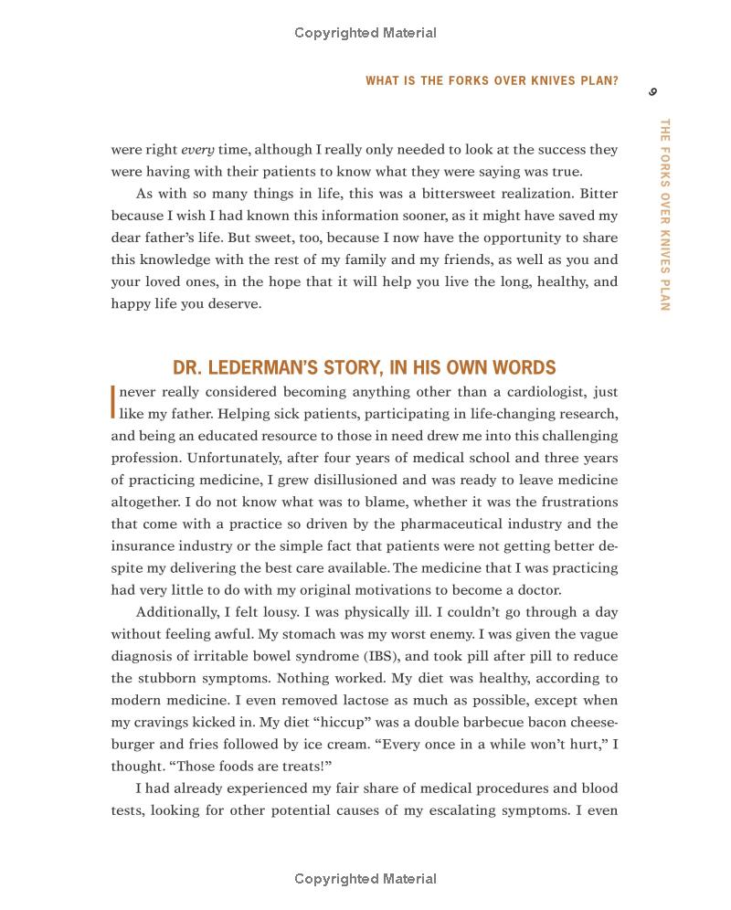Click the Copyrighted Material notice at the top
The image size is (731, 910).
pyautogui.click(x=365, y=33)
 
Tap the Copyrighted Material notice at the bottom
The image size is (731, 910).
pyautogui.click(x=365, y=879)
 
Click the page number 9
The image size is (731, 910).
pyautogui.click(x=652, y=91)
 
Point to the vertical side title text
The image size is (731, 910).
pyautogui.click(x=664, y=215)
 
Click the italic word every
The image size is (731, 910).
pyautogui.click(x=197, y=150)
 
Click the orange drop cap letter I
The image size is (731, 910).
pyautogui.click(x=113, y=401)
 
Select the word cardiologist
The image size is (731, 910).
pyautogui.click(x=539, y=392)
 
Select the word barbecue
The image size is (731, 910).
pyautogui.click(x=489, y=722)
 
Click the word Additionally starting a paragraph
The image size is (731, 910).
pyautogui.click(x=179, y=612)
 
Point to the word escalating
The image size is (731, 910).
pyautogui.click(x=486, y=809)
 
